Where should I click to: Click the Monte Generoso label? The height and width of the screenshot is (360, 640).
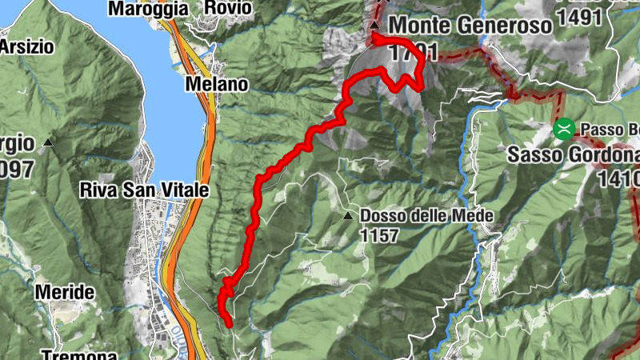(x=470, y=25)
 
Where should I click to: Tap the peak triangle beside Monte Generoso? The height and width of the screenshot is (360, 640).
(x=374, y=25)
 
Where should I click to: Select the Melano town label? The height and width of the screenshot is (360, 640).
(x=216, y=83)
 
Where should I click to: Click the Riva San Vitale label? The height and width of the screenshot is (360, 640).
(x=144, y=190)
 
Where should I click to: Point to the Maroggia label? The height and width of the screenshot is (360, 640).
(x=147, y=9)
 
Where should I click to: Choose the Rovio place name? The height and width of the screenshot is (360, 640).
(x=228, y=8)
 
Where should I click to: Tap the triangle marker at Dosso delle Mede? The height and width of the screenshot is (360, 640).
(x=348, y=216)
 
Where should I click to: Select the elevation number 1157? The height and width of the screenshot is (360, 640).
(x=379, y=236)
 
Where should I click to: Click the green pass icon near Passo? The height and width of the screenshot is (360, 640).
(x=565, y=128)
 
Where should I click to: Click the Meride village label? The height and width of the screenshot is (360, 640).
(x=65, y=293)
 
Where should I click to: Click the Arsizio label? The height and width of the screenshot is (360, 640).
(x=26, y=46)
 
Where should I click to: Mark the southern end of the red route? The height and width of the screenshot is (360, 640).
(x=230, y=325)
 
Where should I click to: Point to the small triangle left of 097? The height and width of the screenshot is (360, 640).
(x=49, y=142)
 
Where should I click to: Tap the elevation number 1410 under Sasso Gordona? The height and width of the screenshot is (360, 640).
(x=618, y=178)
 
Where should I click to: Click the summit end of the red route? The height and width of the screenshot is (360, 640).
(x=374, y=36)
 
